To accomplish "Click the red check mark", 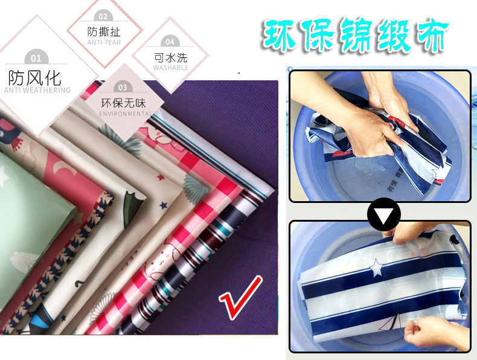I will [x=240, y=297].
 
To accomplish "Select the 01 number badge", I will [x=36, y=58].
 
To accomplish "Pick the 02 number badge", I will [x=103, y=16].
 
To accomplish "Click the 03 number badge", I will [x=123, y=87].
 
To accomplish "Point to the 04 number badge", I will [x=170, y=42].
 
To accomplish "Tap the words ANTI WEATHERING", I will [x=37, y=91].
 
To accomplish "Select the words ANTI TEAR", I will [x=104, y=42].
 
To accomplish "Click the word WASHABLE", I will [x=170, y=68].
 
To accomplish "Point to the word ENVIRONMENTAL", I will [x=124, y=114].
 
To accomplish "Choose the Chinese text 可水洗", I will [x=170, y=57].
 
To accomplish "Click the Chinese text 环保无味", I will [x=123, y=103].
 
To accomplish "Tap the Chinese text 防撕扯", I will [x=104, y=32].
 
